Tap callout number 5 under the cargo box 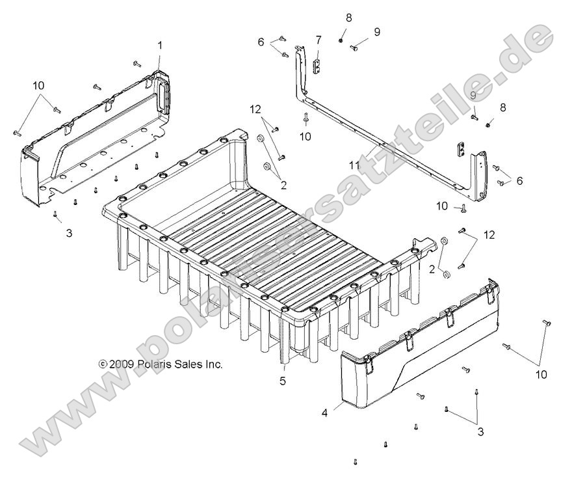(x=283, y=381)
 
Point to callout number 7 (x=318, y=40)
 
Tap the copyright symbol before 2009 (x=102, y=364)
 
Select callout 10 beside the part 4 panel (x=541, y=374)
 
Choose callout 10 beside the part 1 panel (x=38, y=86)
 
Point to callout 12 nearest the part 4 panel (x=489, y=234)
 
